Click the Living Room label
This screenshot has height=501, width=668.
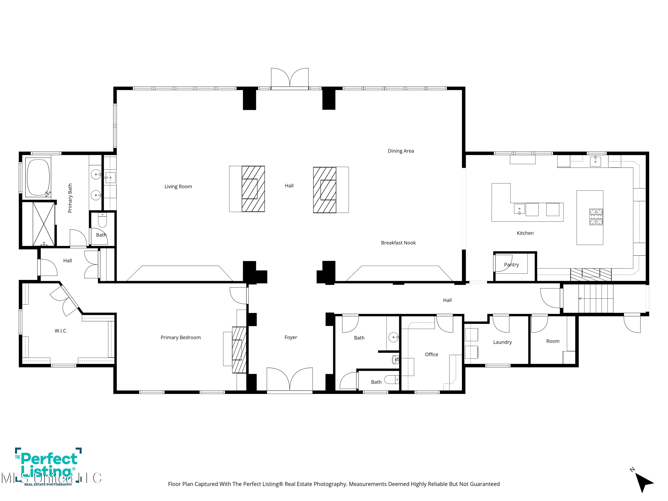click(178, 187)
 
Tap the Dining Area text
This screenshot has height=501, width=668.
click(401, 151)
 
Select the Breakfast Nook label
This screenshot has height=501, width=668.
click(398, 243)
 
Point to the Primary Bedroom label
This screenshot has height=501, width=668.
click(181, 338)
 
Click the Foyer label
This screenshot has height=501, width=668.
click(291, 337)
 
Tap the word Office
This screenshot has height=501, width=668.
click(432, 354)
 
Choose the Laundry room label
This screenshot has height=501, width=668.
click(503, 342)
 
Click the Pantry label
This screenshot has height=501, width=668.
click(511, 265)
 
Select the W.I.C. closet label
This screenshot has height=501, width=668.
click(61, 331)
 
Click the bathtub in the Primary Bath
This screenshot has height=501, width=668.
click(38, 177)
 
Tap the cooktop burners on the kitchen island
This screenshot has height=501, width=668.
click(596, 217)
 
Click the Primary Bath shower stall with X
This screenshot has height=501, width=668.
click(44, 224)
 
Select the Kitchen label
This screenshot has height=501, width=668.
click(525, 233)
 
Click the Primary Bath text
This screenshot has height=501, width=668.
click(70, 198)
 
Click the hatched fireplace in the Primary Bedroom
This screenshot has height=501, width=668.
click(239, 350)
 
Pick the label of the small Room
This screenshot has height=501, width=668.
click(553, 341)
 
